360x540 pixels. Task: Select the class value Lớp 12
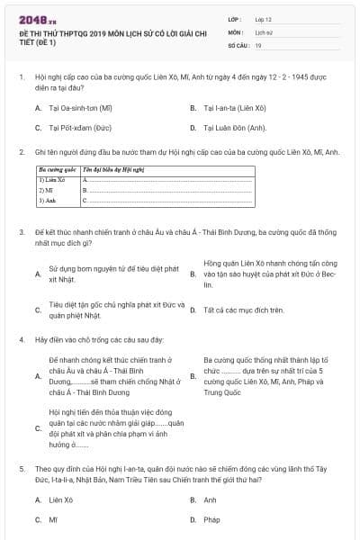264,19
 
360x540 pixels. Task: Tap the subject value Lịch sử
264,31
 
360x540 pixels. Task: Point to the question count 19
258,44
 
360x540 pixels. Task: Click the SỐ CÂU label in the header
238,44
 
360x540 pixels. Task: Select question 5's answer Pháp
212,519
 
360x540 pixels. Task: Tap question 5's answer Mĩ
53,519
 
